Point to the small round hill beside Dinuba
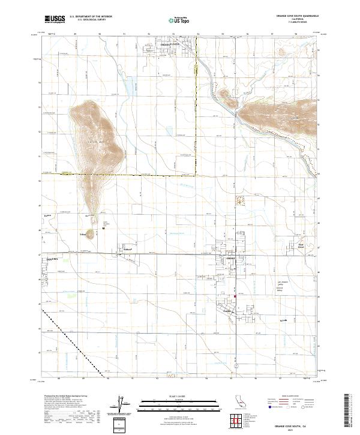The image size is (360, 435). pos(91,235)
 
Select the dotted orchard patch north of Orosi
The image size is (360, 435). pos(241,199)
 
